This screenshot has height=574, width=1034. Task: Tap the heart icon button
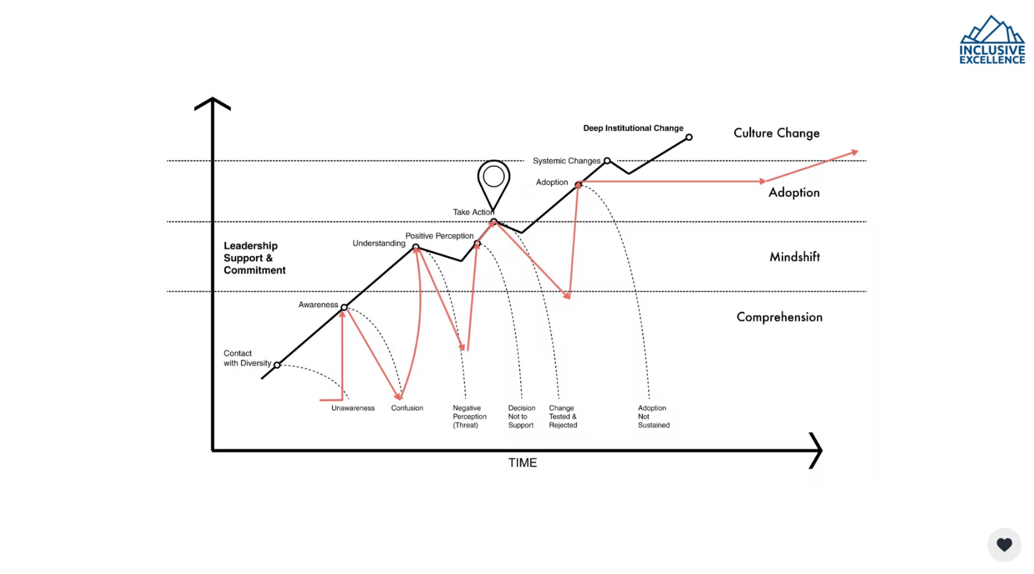(x=1004, y=545)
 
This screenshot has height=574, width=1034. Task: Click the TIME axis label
(x=522, y=463)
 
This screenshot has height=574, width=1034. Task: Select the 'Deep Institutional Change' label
(x=633, y=128)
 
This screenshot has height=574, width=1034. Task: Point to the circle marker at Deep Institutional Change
(x=689, y=137)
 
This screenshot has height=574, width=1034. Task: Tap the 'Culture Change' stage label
(x=776, y=133)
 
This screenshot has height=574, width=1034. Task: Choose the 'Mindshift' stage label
(x=794, y=257)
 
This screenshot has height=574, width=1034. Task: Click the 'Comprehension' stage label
(x=779, y=317)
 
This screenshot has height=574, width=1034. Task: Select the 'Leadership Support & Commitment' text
(x=254, y=258)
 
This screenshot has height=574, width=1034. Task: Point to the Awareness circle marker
(x=344, y=307)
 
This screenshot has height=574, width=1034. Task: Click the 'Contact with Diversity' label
(x=247, y=358)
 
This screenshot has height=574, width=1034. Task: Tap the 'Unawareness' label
(x=353, y=408)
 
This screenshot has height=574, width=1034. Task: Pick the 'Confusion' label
(x=407, y=408)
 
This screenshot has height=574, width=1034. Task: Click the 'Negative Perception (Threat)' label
(x=469, y=416)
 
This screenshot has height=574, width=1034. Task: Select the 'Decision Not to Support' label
(x=521, y=416)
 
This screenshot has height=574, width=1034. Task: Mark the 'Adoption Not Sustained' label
(x=653, y=416)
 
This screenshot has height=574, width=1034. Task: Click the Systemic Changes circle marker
(x=607, y=161)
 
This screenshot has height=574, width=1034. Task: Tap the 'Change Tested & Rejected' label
(x=563, y=416)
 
